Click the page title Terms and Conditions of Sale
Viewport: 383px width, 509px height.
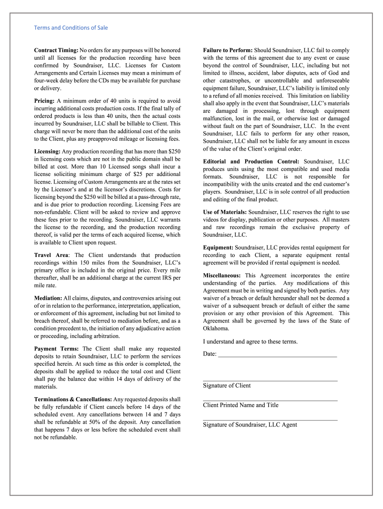[71, 28]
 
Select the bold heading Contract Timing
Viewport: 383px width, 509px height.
[56, 50]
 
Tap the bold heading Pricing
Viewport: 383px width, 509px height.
[44, 101]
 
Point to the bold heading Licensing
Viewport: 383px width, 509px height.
[47, 151]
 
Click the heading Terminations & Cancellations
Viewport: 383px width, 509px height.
[73, 399]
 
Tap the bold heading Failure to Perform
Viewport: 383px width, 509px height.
[228, 50]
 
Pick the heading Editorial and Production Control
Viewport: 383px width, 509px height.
[251, 162]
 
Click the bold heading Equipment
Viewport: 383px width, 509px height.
[218, 248]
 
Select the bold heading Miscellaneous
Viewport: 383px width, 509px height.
[222, 275]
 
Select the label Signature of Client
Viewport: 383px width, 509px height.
[227, 386]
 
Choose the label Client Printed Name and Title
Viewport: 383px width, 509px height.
[241, 405]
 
